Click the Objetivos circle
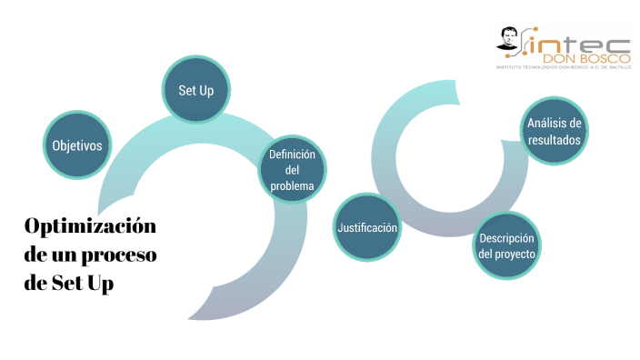coord(76,145)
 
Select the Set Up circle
coord(196,91)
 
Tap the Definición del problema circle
coord(292,170)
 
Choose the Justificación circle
coord(367,227)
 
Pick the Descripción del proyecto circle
coord(507,245)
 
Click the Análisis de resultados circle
coord(555,132)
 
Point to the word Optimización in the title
coord(90,226)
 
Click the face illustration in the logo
coord(509,41)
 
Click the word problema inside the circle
coord(292,185)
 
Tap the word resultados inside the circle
coord(555,140)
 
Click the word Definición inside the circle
coord(292,155)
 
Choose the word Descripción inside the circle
coord(507,238)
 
